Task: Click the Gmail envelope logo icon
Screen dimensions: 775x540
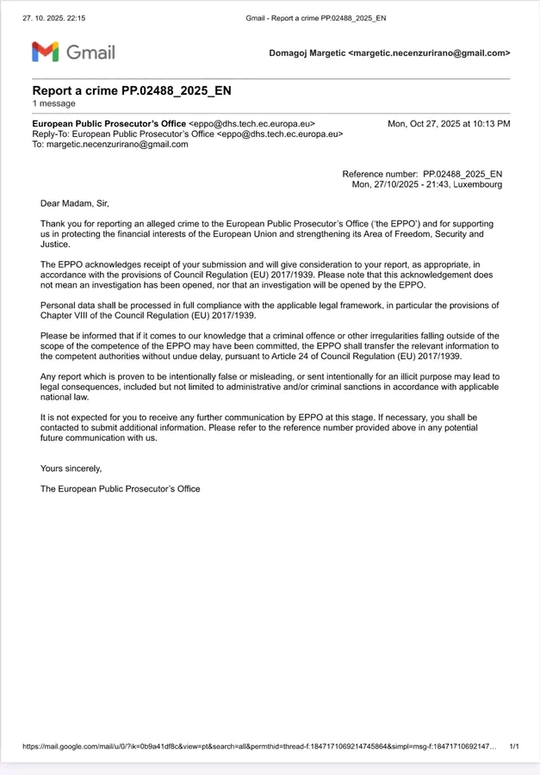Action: pos(46,52)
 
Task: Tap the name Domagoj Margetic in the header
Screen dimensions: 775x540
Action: pos(307,53)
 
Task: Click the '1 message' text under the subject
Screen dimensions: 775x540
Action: pos(53,103)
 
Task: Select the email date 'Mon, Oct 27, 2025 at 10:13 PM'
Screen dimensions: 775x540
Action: pos(449,124)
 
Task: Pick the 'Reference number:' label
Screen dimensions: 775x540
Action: pos(380,174)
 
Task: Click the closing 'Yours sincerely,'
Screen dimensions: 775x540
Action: pos(71,468)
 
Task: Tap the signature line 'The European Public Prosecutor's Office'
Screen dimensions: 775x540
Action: pos(121,489)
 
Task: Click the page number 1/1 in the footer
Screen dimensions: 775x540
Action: pos(514,747)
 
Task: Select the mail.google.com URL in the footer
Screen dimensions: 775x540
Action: pos(258,747)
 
